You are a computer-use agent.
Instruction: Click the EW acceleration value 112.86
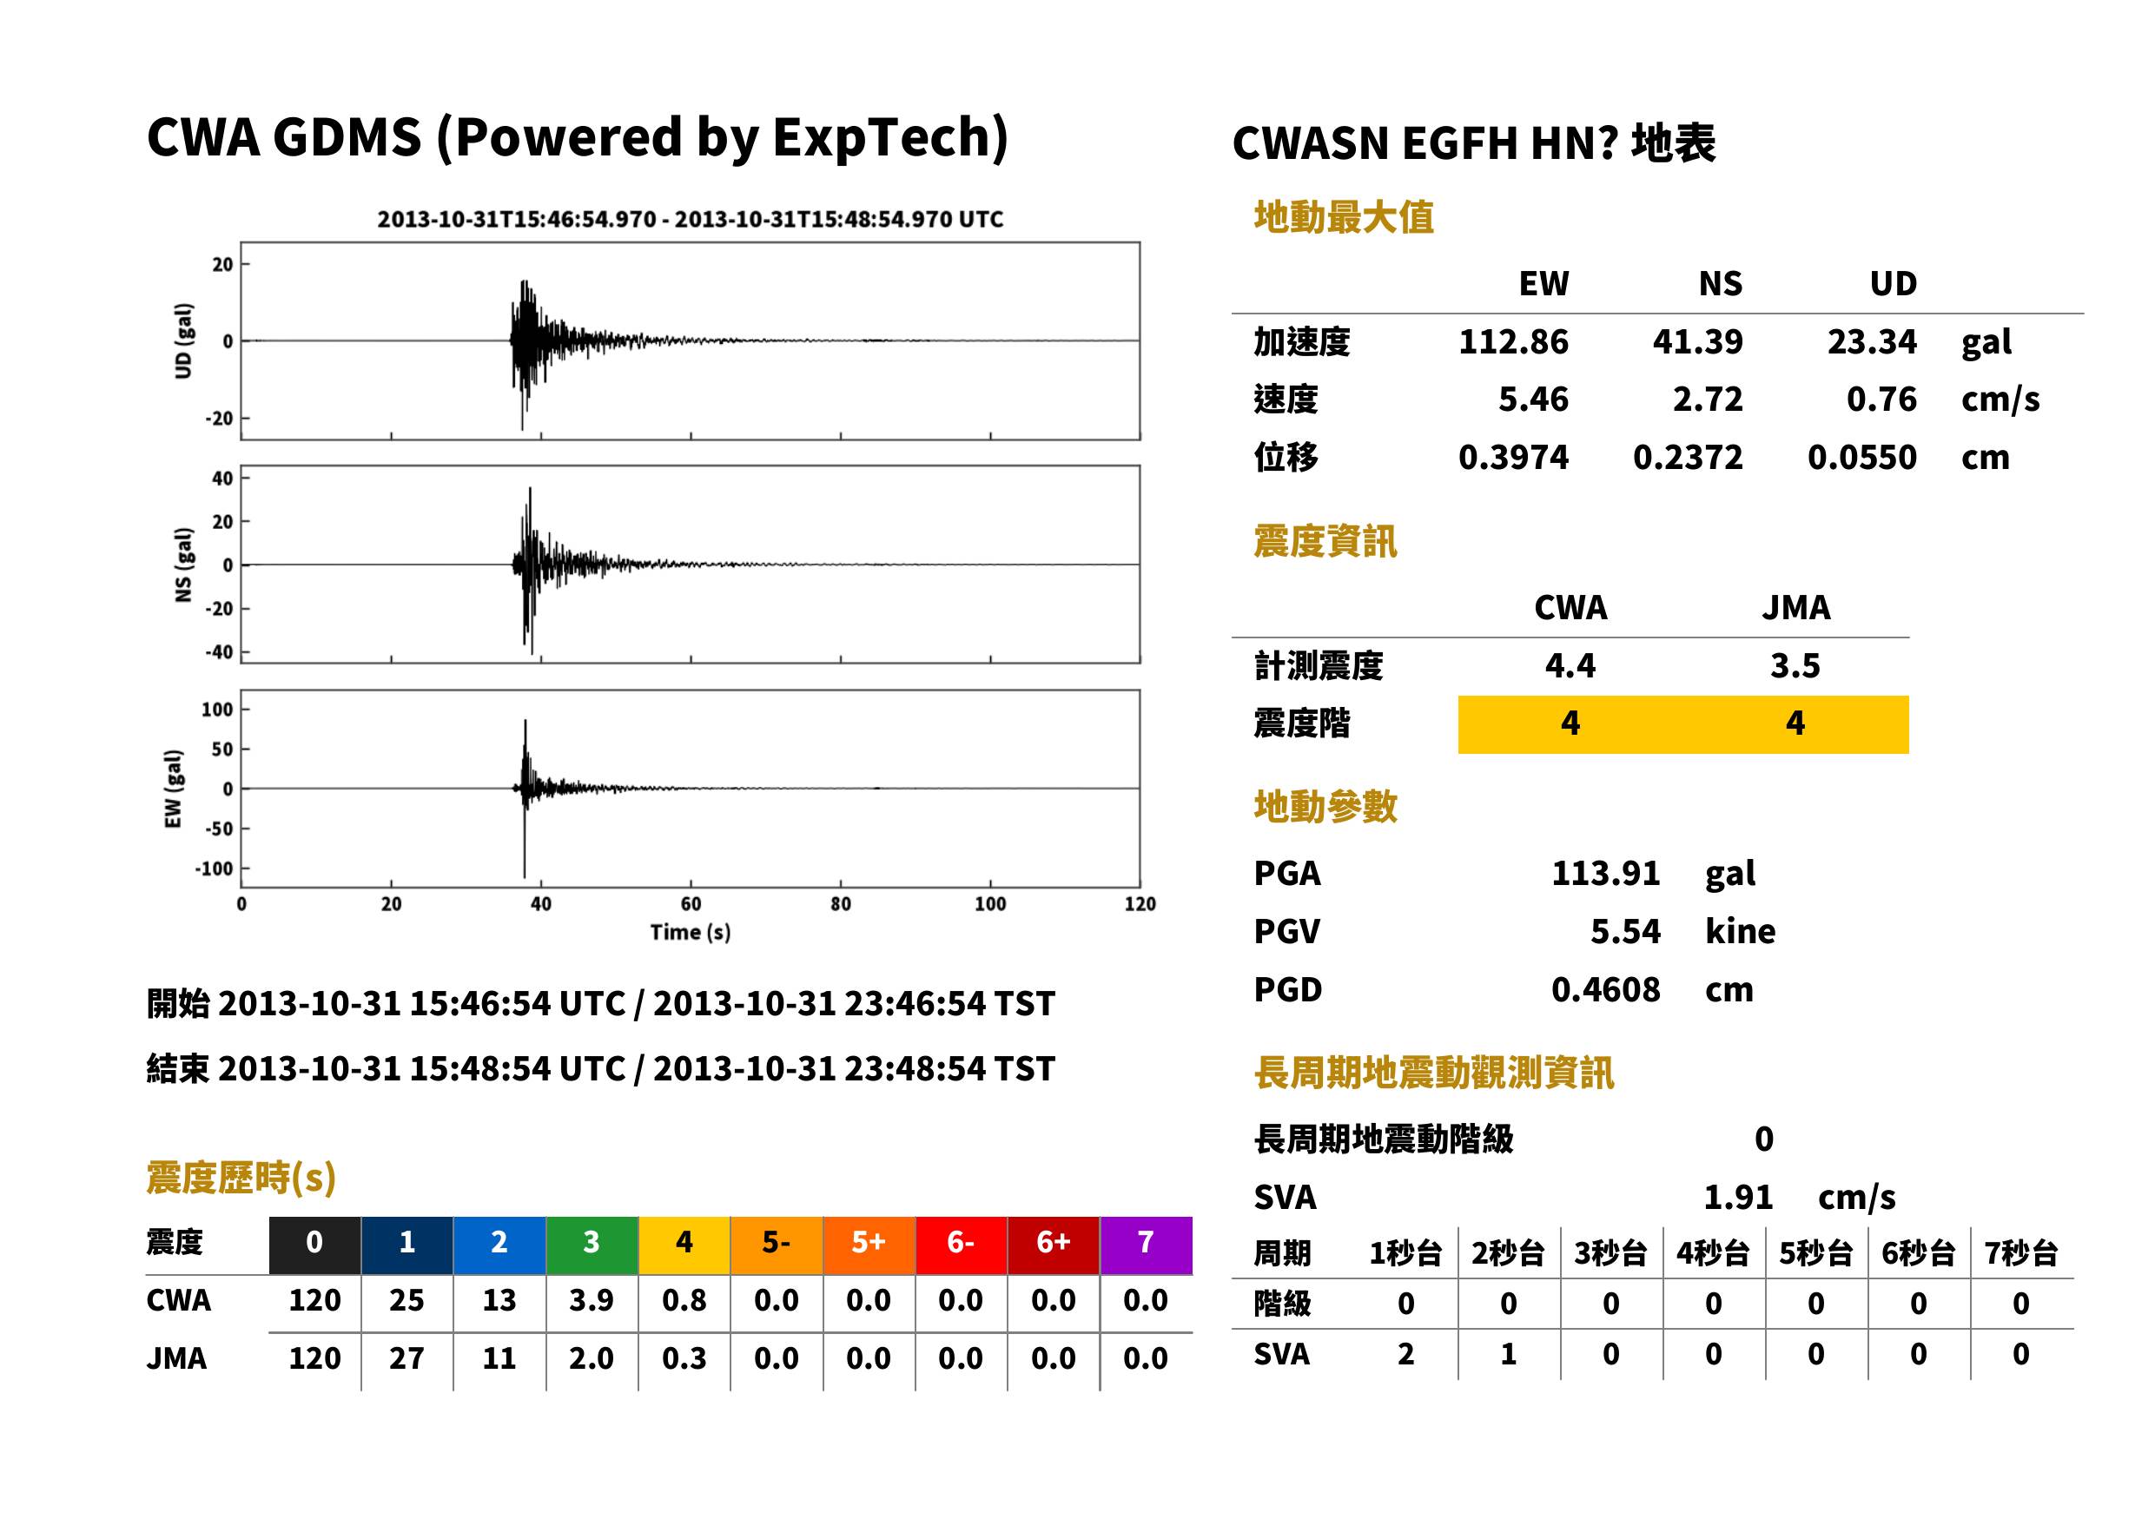pos(1512,341)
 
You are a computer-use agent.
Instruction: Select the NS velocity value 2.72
pos(1707,399)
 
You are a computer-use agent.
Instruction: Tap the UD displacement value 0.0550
pos(1861,457)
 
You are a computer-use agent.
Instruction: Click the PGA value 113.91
pos(1605,873)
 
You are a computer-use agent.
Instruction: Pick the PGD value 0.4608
pos(1605,989)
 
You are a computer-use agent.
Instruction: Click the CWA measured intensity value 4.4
pos(1570,665)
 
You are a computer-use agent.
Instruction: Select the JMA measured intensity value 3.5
pos(1795,665)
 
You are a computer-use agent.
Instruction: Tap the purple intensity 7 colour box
pos(1146,1245)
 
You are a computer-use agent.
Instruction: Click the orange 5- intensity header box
pos(777,1245)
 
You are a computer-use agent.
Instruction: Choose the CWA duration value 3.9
pos(592,1300)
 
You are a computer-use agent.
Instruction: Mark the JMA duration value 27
pos(407,1358)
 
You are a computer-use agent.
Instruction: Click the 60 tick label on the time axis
pos(691,904)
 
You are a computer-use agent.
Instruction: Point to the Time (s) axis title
pos(690,933)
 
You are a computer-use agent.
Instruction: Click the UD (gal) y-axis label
pos(184,341)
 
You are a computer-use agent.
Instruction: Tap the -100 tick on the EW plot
pos(215,868)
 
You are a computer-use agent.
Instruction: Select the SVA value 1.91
pos(1738,1197)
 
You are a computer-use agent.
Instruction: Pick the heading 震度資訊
pos(1325,541)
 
